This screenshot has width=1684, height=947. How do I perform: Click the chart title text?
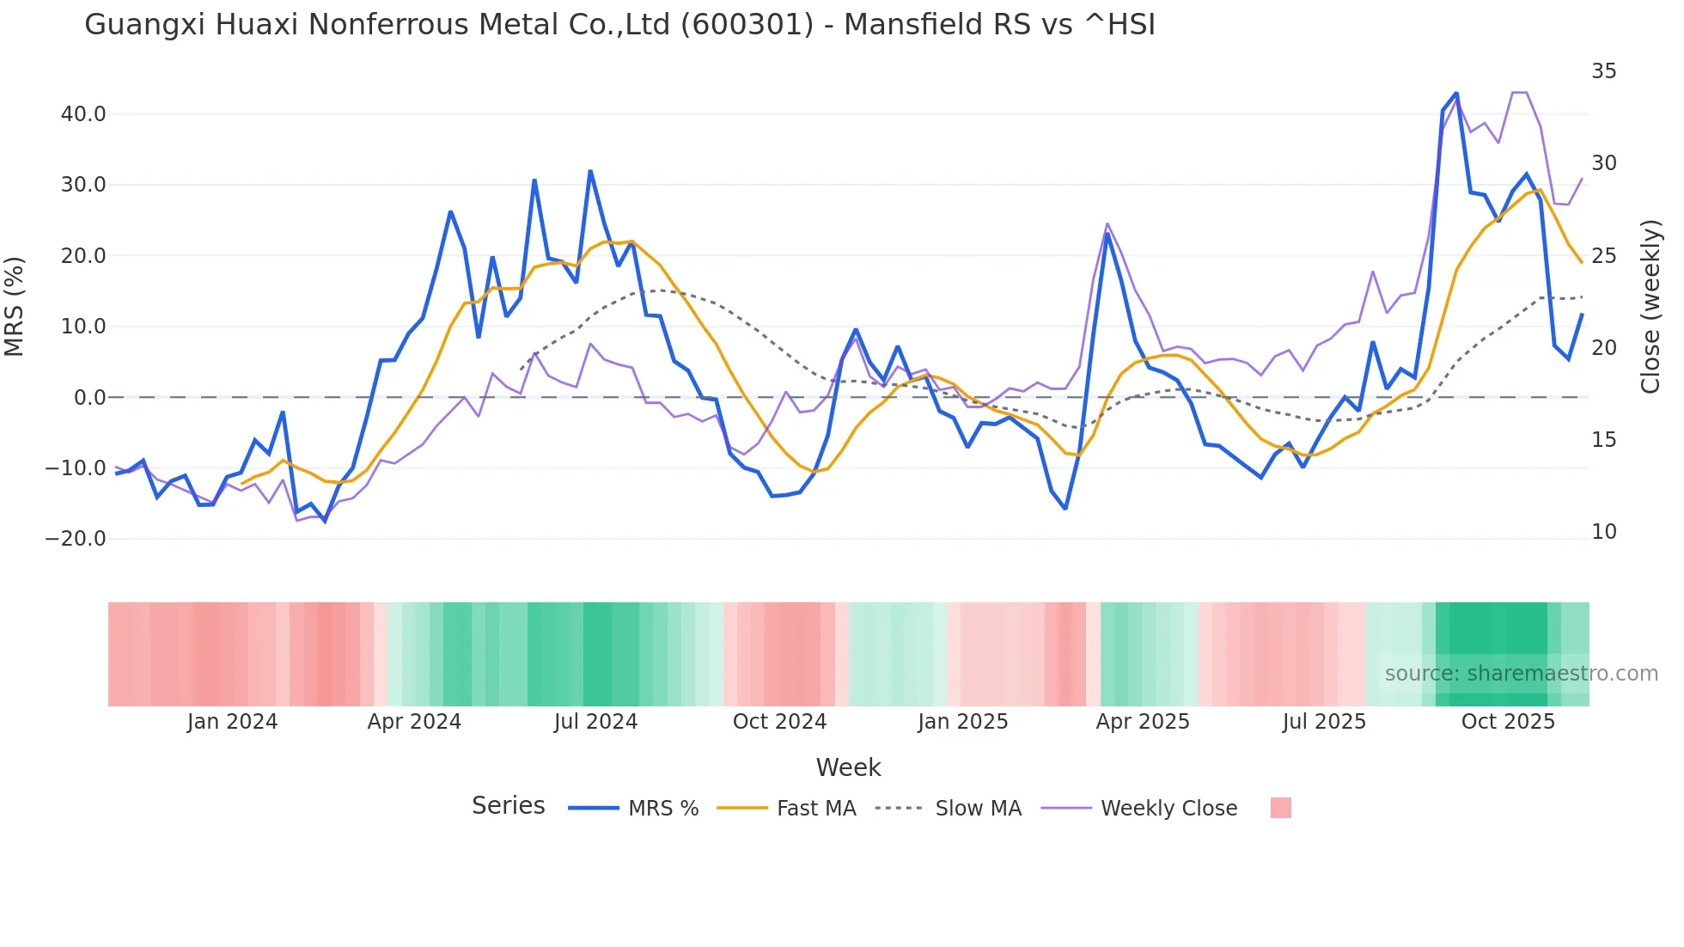click(x=619, y=25)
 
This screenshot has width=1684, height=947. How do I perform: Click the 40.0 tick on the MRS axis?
click(x=83, y=114)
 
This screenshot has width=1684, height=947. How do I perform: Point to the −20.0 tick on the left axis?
click(x=76, y=539)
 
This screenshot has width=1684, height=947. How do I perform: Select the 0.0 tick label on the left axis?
click(x=90, y=398)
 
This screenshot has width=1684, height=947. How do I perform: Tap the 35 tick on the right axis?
click(x=1603, y=71)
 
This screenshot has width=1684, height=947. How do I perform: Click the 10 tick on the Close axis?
click(x=1603, y=532)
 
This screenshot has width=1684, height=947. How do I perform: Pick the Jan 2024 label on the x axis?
click(x=232, y=722)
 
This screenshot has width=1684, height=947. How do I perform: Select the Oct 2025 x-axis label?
click(x=1508, y=722)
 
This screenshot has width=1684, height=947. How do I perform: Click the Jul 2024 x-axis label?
click(x=595, y=722)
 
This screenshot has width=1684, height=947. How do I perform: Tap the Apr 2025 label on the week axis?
click(x=1143, y=722)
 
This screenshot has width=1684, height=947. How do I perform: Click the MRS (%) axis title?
click(x=15, y=307)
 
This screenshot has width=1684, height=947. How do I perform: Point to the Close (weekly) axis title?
click(x=1650, y=307)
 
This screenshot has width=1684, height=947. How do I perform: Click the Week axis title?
click(x=848, y=767)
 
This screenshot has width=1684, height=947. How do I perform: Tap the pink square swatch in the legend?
click(x=1280, y=808)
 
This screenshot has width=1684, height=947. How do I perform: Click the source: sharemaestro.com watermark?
click(x=1521, y=674)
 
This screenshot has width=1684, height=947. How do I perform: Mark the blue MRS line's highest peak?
click(x=1456, y=93)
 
